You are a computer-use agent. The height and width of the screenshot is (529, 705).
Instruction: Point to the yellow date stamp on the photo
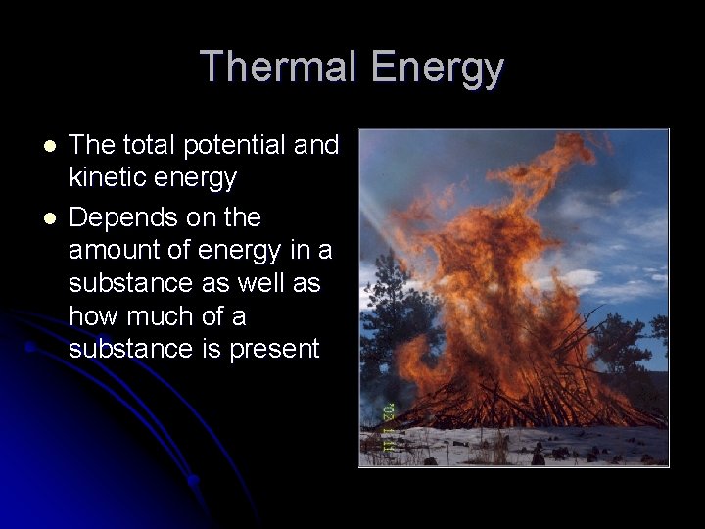388,427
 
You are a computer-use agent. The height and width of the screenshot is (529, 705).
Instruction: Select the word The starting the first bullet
93,146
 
